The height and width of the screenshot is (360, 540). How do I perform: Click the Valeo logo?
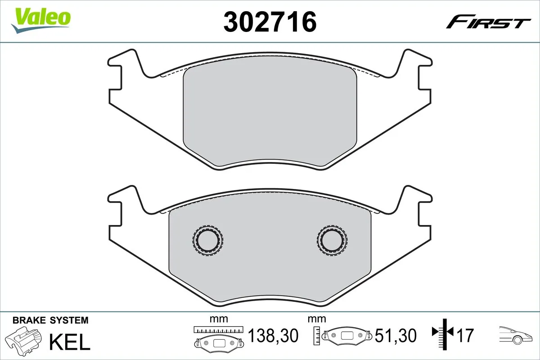pos(40,20)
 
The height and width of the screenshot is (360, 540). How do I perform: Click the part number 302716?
pos(270,22)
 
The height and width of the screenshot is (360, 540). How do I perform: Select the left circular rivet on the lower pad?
pos(208,240)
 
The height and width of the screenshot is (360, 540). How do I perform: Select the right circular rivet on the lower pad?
pos(332,240)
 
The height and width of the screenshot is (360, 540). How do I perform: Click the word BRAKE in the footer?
pos(29,320)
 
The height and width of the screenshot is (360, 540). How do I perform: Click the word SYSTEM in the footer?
pos(69,320)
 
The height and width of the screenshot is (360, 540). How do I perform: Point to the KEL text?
pos(70,342)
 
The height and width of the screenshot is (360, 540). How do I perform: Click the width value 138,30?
pos(273,335)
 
